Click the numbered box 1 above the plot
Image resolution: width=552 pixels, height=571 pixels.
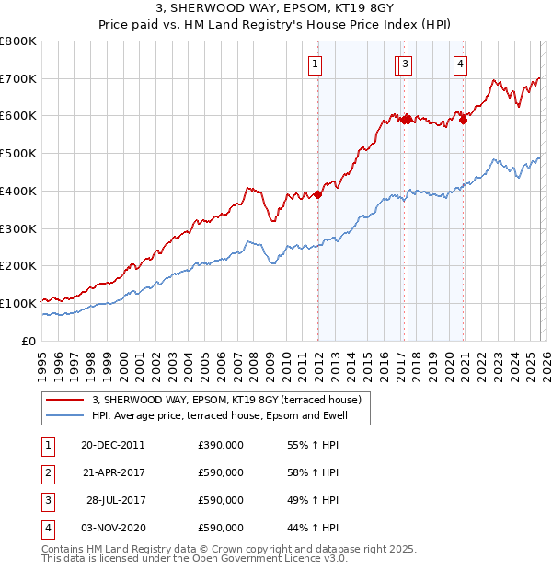click(x=316, y=64)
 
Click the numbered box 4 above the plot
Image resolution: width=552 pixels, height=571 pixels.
click(x=460, y=64)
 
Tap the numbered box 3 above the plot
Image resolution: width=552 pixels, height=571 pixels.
click(x=406, y=64)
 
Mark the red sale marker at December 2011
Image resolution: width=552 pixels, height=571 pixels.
click(x=318, y=194)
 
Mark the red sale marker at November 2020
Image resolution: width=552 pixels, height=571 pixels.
click(x=464, y=119)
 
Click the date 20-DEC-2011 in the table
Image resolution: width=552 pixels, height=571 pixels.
click(x=112, y=445)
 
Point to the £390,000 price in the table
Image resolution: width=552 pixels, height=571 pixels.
click(x=221, y=445)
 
